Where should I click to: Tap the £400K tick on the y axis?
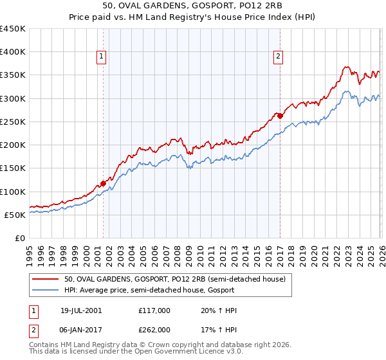(13, 52)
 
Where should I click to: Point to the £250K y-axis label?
(13, 122)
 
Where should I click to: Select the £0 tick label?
(19, 238)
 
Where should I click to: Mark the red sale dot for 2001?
(103, 184)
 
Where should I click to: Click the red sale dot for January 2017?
(280, 116)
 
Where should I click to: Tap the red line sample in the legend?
(46, 278)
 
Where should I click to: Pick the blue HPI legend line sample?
(46, 290)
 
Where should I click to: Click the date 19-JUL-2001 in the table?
(81, 310)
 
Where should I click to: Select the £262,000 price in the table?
(154, 329)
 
